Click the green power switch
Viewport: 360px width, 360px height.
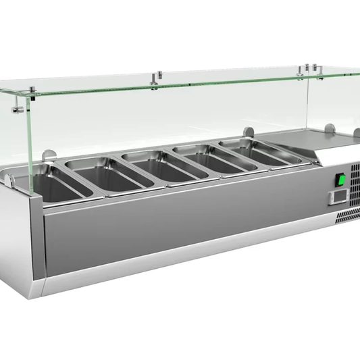pos(342,180)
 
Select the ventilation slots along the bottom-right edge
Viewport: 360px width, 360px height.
pos(347,215)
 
